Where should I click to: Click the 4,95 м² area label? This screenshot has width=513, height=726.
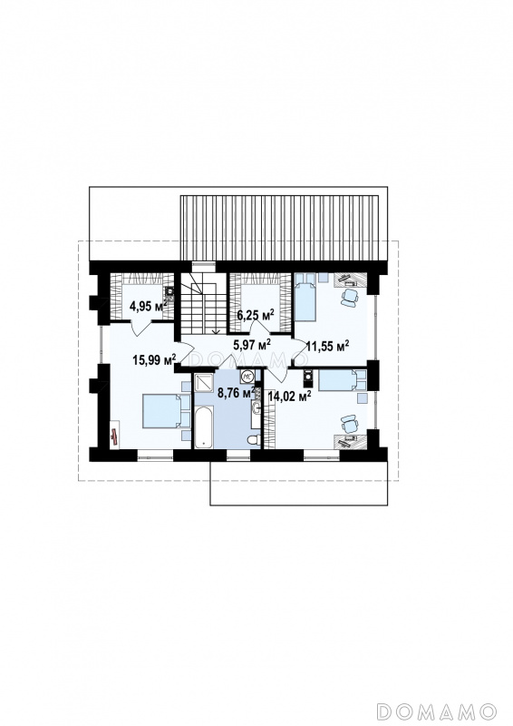[148, 306]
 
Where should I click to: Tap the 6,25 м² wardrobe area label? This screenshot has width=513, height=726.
[256, 316]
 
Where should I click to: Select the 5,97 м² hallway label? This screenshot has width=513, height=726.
[252, 344]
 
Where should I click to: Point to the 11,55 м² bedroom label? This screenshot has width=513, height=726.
[327, 346]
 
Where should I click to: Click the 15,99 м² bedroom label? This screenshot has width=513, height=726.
[154, 359]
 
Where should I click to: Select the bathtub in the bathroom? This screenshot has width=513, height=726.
[204, 427]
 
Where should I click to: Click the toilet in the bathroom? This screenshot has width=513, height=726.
[254, 439]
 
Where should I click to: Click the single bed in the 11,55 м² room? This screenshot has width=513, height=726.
[305, 297]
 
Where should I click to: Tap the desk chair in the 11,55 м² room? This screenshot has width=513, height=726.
[350, 298]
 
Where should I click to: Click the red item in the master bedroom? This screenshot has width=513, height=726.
[114, 436]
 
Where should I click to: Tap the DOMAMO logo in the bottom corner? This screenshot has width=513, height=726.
[437, 711]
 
